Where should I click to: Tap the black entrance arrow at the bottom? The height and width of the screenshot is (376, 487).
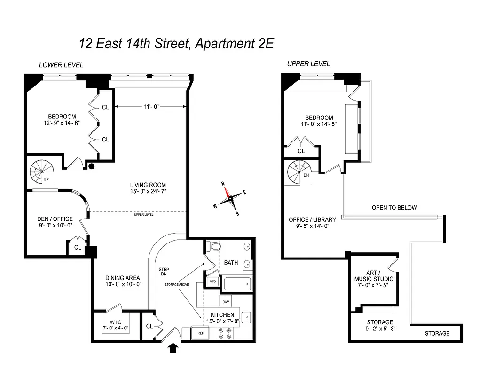tap(174, 348)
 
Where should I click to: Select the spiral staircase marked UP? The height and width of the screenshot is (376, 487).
tap(42, 171)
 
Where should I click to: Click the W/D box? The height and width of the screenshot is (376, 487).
tap(212, 282)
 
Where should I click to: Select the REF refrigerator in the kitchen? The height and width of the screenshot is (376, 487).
tap(201, 333)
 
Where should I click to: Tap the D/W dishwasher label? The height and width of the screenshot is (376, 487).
tap(226, 302)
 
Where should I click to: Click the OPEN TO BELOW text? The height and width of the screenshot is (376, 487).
tap(394, 207)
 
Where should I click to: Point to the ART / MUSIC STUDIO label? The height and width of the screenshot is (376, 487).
tap(374, 276)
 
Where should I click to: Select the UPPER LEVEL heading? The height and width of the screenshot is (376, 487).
tap(308, 63)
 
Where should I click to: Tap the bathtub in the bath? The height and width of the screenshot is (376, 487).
tap(239, 284)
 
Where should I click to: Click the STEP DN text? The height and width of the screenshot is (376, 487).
tap(164, 272)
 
